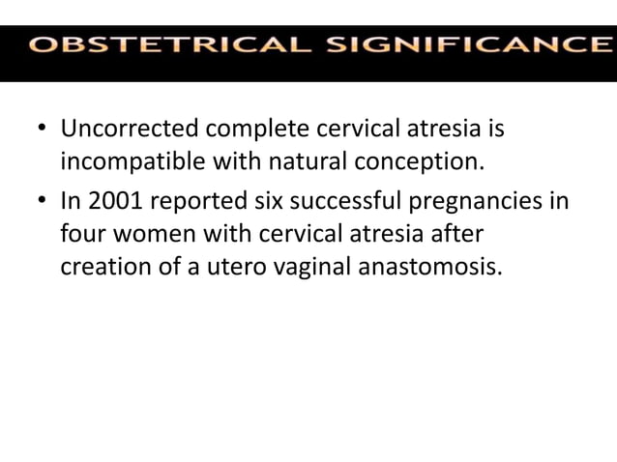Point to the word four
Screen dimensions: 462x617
point(82,234)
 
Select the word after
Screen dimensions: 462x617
point(453,234)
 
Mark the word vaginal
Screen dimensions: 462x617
point(300,265)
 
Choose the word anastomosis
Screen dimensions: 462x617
point(430,265)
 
